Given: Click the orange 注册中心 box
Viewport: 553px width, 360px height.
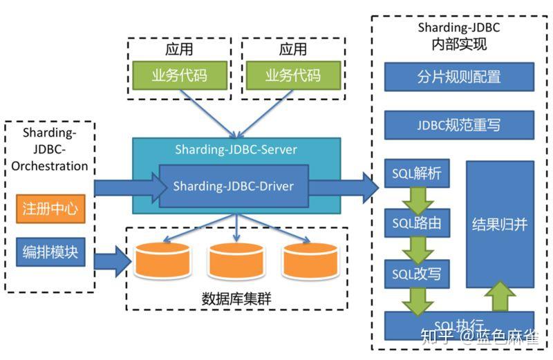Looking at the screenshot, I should coord(50,209).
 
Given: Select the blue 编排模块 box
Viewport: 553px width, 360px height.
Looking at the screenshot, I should coord(50,252).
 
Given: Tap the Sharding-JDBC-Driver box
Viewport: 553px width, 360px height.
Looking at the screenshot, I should coord(233,186).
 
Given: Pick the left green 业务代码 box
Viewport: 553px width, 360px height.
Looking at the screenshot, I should coord(179,75).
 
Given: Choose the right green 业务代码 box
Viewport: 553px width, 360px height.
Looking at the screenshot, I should coord(293,75).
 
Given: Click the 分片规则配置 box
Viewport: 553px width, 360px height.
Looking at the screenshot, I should coord(459,77).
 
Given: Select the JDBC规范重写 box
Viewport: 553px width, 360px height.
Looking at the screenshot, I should coord(459,125).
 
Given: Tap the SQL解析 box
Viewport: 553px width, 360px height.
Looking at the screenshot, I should coord(417,173).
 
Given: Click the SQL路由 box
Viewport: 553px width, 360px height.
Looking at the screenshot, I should coord(417,223).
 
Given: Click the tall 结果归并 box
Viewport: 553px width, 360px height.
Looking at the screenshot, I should coord(500,225).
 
